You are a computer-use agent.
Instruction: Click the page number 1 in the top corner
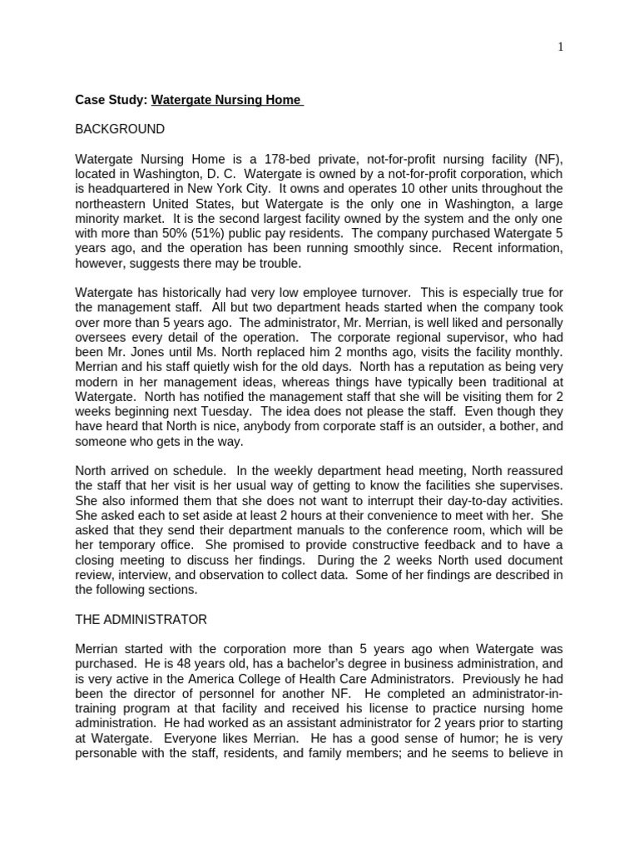click(560, 47)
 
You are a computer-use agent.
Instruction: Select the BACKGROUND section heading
click(120, 129)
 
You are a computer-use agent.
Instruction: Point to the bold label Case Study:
click(111, 100)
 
